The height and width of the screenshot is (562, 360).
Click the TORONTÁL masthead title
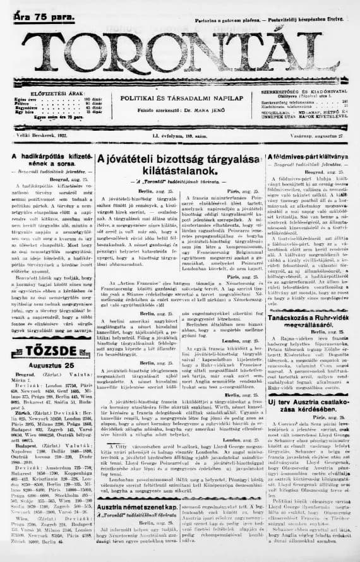click(x=180, y=52)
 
